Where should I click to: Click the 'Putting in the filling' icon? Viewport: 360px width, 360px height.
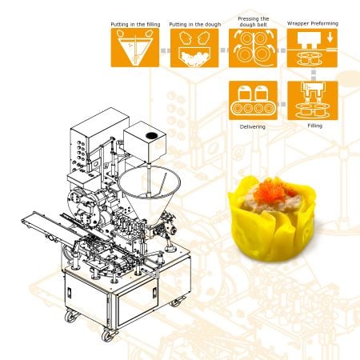tap(135, 48)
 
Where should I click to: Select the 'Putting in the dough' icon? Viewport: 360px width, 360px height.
tap(194, 48)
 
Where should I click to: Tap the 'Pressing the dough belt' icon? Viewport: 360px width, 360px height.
tap(253, 48)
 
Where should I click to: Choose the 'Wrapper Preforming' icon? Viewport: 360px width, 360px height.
tap(312, 48)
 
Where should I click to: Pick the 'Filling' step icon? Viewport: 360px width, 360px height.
tap(313, 101)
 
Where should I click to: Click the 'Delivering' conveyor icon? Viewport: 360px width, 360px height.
tap(253, 101)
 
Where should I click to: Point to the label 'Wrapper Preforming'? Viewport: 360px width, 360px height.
tap(313, 23)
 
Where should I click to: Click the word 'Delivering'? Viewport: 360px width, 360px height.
tap(253, 126)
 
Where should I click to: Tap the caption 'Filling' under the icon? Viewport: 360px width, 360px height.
tap(315, 126)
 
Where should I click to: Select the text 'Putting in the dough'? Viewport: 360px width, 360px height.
tap(195, 24)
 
